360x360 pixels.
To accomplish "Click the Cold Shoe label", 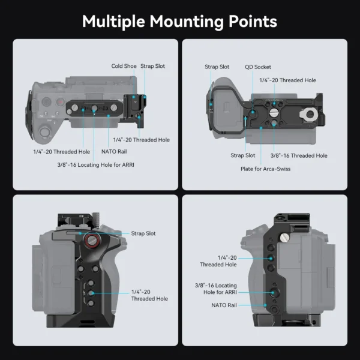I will [x=124, y=66].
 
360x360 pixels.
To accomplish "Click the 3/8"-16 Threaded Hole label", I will [x=299, y=155].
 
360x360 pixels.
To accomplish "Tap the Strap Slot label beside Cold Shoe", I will [x=153, y=66].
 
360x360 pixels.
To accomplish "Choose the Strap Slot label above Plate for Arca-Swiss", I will [x=243, y=155].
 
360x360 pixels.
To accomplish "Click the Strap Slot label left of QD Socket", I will [x=217, y=67].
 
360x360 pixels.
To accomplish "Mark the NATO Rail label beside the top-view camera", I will [x=114, y=151].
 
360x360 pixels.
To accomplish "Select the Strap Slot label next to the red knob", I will [x=143, y=233].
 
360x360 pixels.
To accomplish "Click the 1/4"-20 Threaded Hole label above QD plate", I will [x=287, y=80].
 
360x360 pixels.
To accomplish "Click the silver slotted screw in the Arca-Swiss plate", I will [x=274, y=112].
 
